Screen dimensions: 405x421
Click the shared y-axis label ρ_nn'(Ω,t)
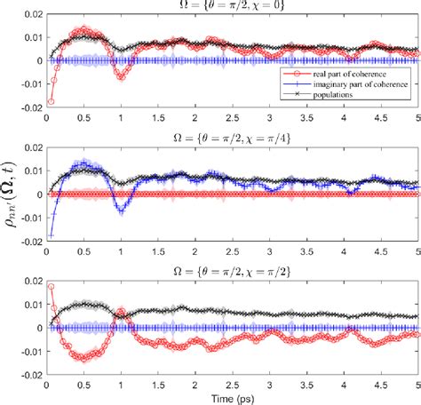click(x=10, y=195)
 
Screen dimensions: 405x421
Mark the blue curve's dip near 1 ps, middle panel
click(x=123, y=210)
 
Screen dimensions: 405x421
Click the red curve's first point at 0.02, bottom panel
click(x=52, y=286)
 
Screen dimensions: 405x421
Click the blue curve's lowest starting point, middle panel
click(x=51, y=235)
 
